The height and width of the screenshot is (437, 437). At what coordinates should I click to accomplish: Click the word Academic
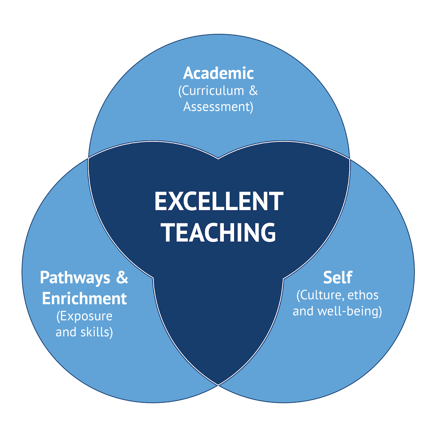click(x=218, y=73)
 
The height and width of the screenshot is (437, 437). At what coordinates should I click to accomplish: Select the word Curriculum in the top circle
click(x=213, y=91)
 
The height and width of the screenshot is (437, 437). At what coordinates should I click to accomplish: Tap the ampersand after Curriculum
click(x=253, y=91)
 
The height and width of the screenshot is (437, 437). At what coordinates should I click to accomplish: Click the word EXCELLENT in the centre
click(x=219, y=201)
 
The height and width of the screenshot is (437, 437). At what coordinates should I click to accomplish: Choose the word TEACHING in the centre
click(x=219, y=233)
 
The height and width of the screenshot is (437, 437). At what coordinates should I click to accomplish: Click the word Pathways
click(x=75, y=278)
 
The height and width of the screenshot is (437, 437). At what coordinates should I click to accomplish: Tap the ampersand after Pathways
click(x=122, y=278)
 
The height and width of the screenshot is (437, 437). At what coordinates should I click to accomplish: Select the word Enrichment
click(x=84, y=299)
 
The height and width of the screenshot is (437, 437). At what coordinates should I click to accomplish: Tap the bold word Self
click(x=337, y=278)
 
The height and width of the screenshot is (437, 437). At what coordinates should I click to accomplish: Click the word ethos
click(x=363, y=295)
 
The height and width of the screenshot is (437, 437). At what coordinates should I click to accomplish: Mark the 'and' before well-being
click(x=303, y=311)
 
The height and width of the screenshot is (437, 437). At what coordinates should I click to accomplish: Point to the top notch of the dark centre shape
click(x=218, y=159)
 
